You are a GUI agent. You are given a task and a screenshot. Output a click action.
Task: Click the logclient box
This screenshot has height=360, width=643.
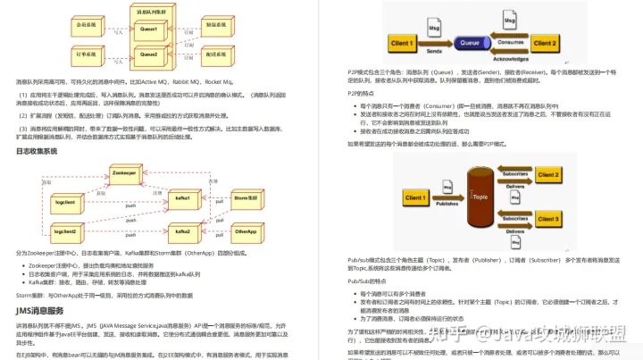click(x=65, y=203)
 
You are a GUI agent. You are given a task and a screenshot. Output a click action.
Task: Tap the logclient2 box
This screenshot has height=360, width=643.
click(x=65, y=231)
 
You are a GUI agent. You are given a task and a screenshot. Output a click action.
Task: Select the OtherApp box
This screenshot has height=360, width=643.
click(x=246, y=231)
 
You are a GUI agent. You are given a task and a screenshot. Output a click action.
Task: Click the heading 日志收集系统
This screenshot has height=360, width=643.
click(x=37, y=151)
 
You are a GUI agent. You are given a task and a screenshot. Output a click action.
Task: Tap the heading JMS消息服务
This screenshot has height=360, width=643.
click(x=39, y=310)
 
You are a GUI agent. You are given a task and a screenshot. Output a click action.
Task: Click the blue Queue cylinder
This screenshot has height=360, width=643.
click(x=467, y=41)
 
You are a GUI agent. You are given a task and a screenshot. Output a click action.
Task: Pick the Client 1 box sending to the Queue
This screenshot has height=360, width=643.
click(x=401, y=43)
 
